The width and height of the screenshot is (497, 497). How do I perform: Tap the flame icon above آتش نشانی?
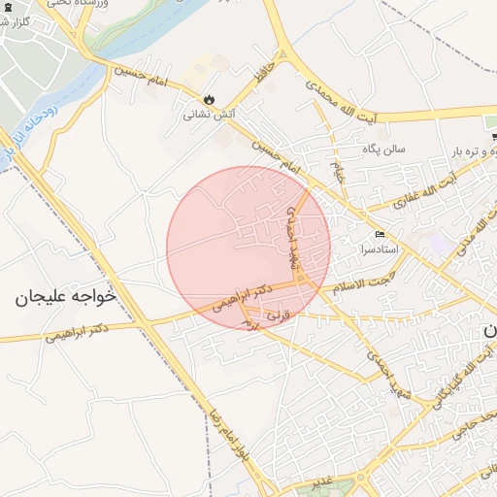tap(209, 98)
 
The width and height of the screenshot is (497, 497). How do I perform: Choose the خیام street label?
tap(339, 175)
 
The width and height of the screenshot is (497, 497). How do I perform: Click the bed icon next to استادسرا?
tap(380, 235)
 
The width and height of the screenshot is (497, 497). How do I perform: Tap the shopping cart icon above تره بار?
tap(493, 122)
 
